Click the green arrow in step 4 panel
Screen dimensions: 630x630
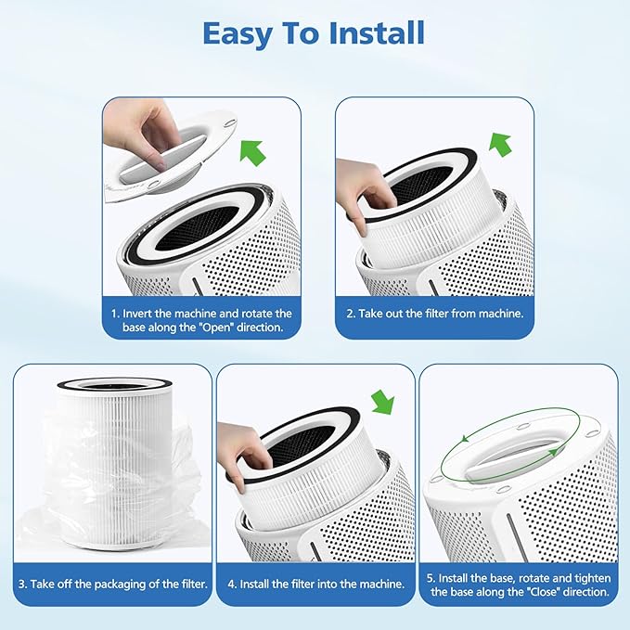[x=382, y=402]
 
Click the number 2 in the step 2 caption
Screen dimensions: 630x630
[x=351, y=314]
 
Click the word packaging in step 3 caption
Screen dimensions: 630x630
[x=117, y=584]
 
